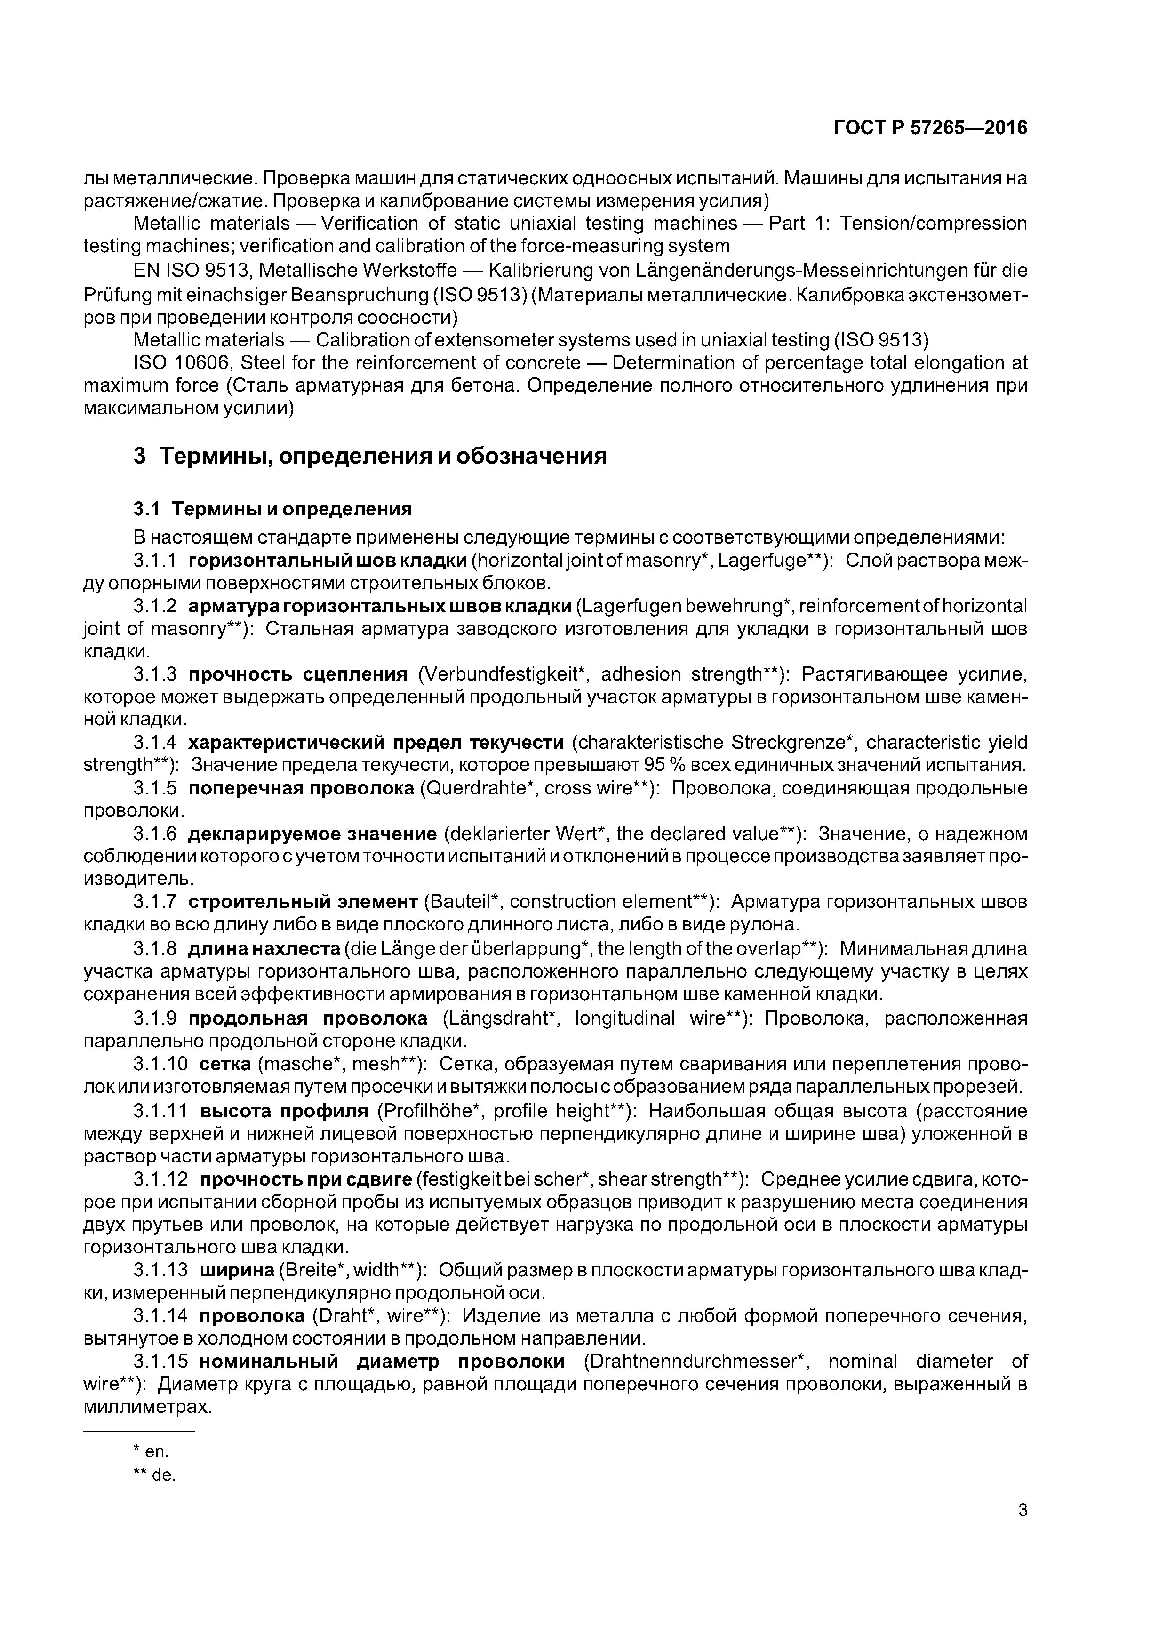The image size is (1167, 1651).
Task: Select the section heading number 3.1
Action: pyautogui.click(x=146, y=509)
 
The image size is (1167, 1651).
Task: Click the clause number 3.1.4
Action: pyautogui.click(x=155, y=742)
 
